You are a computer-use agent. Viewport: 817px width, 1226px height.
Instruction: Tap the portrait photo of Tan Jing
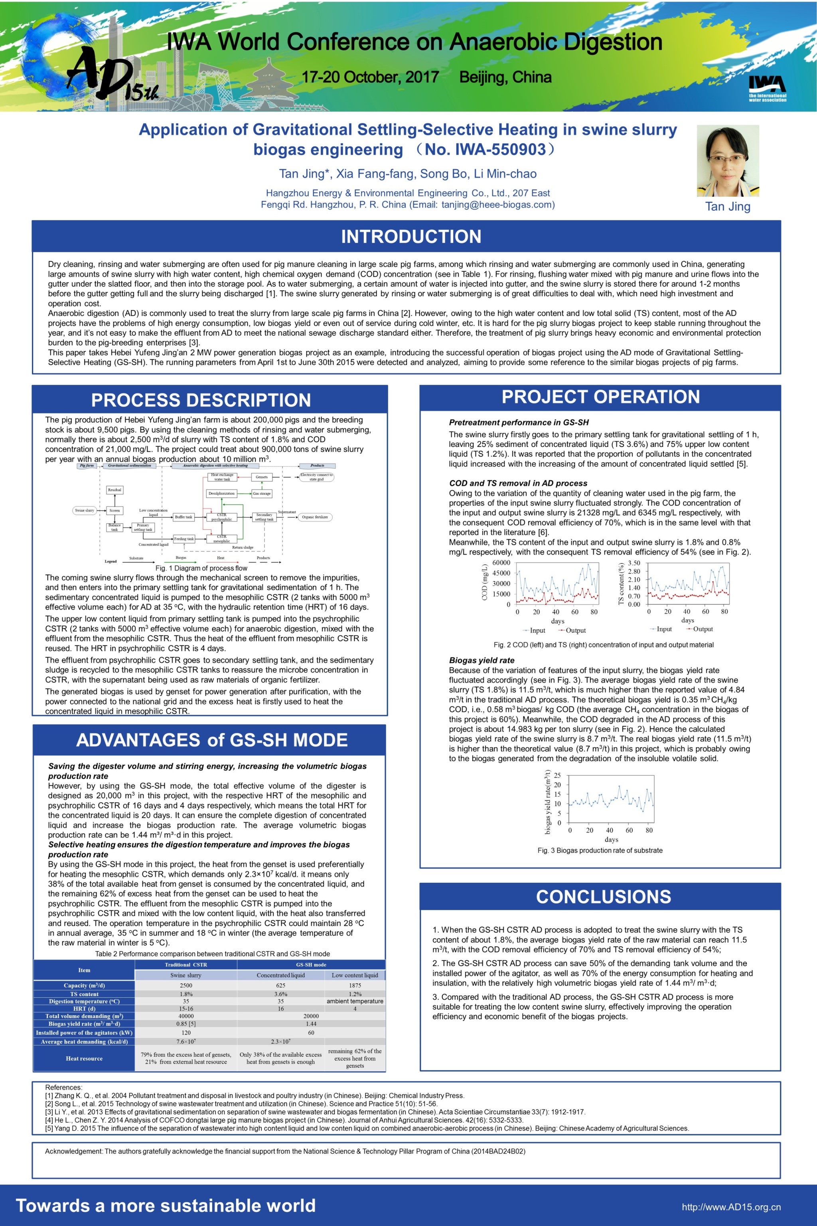728,160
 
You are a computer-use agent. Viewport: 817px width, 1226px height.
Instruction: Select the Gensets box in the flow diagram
262,477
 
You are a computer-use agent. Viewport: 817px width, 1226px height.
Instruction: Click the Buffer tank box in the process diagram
184,517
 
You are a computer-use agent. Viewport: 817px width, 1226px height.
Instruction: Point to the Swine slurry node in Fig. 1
85,510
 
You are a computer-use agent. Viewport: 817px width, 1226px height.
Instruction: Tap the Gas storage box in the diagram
262,493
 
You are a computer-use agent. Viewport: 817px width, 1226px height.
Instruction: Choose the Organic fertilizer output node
315,517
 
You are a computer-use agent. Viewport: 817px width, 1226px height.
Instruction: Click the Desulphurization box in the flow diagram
221,493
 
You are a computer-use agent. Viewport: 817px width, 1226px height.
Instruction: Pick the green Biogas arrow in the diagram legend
182,562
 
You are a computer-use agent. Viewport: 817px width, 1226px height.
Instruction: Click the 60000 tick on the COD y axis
501,563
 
